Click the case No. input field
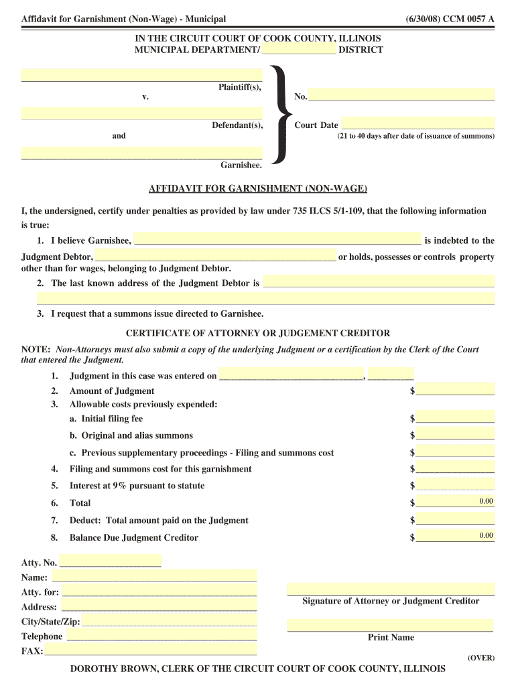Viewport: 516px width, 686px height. coord(401,94)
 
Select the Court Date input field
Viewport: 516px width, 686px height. coord(417,123)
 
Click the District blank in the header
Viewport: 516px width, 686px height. coord(299,49)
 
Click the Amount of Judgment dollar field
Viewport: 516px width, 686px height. coord(455,389)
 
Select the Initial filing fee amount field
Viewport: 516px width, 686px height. coord(455,417)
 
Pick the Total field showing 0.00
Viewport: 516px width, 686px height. coord(455,501)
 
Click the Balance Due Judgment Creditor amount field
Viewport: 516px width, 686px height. coord(455,535)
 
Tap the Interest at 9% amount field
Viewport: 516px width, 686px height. coord(455,484)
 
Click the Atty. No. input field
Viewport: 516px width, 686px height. coord(111,561)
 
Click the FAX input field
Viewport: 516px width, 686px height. coord(151,650)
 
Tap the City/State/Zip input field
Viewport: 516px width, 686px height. coord(169,620)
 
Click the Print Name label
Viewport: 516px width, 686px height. coord(391,638)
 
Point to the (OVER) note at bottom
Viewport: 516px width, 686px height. coord(480,658)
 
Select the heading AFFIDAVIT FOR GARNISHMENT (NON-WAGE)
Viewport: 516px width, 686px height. coord(257,189)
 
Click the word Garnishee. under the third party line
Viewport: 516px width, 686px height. coord(241,164)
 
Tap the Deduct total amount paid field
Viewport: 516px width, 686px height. coord(455,519)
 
